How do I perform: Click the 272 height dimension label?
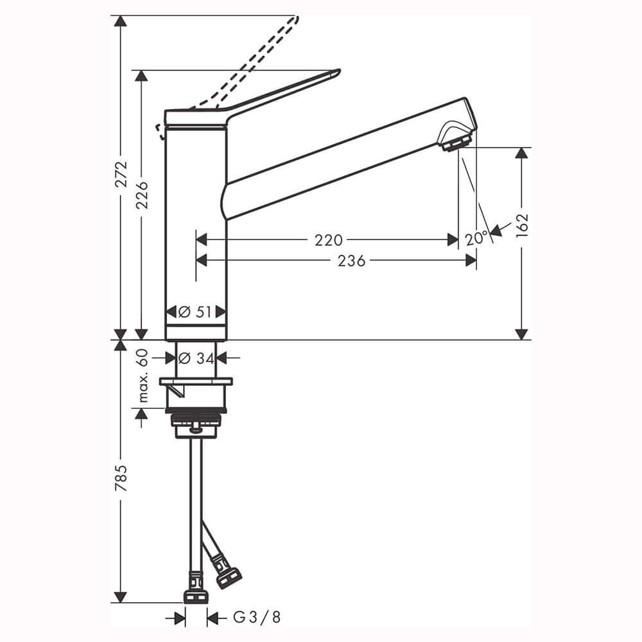[121, 175]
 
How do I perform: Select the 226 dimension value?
[142, 195]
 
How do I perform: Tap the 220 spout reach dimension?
[328, 240]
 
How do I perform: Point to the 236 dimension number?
[351, 261]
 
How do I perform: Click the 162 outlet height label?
[522, 225]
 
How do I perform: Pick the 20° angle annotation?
[476, 238]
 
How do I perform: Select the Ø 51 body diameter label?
[195, 312]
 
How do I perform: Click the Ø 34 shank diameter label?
[196, 359]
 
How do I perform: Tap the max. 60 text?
[142, 376]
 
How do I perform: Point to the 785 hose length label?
[121, 478]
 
